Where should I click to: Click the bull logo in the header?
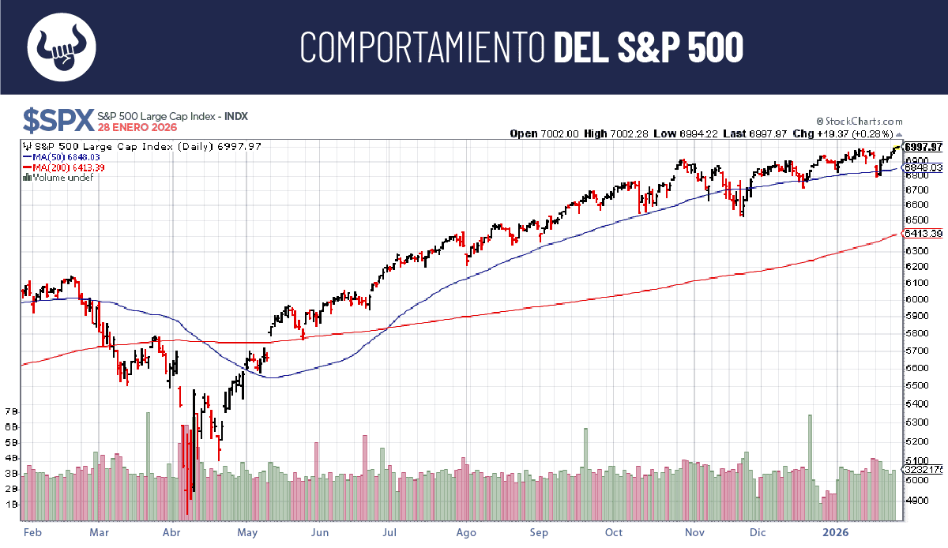point(62,47)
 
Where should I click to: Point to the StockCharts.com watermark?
point(863,122)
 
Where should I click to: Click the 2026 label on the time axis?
point(837,532)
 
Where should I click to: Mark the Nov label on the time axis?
point(694,532)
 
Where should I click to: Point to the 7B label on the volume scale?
point(12,411)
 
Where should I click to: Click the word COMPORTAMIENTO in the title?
point(423,47)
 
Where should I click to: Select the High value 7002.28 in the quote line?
point(630,133)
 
